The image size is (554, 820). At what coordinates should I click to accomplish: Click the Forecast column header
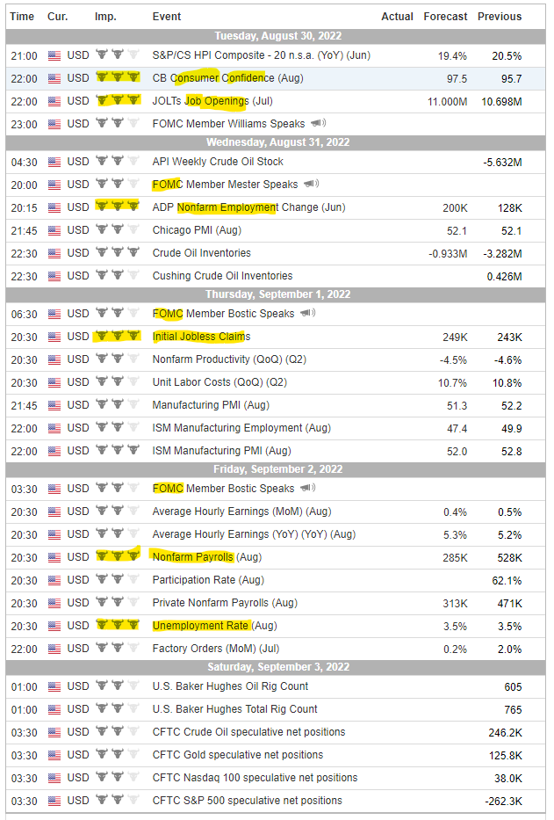point(445,17)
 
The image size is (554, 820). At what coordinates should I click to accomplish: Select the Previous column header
point(500,17)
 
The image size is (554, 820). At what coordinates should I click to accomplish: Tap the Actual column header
point(397,17)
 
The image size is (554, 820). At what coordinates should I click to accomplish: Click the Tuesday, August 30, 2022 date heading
point(277,36)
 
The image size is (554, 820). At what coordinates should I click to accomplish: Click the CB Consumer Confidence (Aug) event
point(227,78)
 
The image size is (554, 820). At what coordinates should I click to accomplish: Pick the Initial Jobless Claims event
point(201,337)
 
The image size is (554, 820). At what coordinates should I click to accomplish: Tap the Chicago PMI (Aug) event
point(197,230)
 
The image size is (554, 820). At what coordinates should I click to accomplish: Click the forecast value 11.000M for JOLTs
point(447,101)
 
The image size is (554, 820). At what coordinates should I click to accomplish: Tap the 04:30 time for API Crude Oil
point(24,162)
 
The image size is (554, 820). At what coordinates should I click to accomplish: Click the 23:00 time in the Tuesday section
point(24,124)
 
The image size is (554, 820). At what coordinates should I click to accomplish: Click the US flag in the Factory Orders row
point(55,649)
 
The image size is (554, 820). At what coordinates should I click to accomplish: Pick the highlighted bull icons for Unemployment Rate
point(118,626)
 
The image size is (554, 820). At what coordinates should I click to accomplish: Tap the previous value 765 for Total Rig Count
point(512,709)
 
